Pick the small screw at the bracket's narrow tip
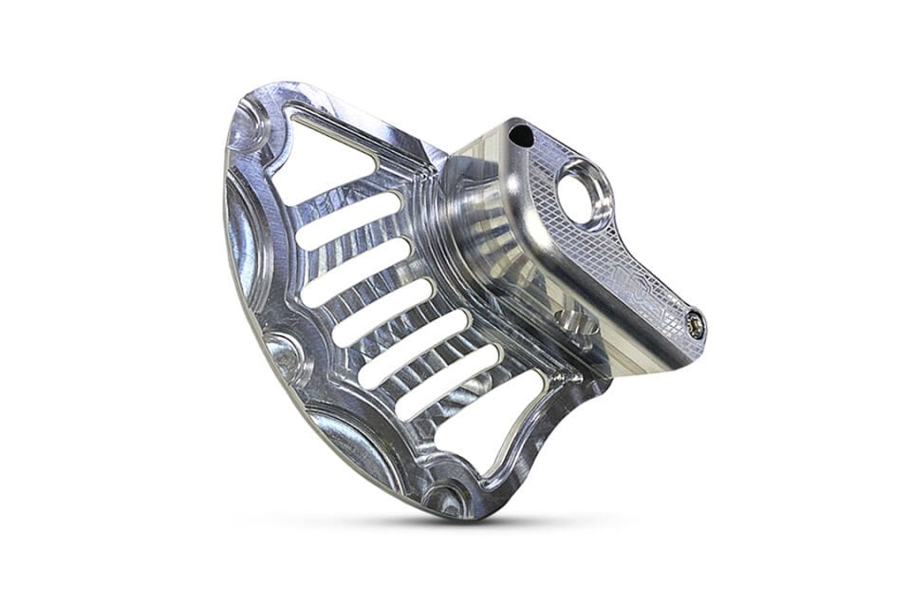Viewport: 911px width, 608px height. (x=697, y=324)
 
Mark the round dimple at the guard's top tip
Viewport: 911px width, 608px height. (x=249, y=123)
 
